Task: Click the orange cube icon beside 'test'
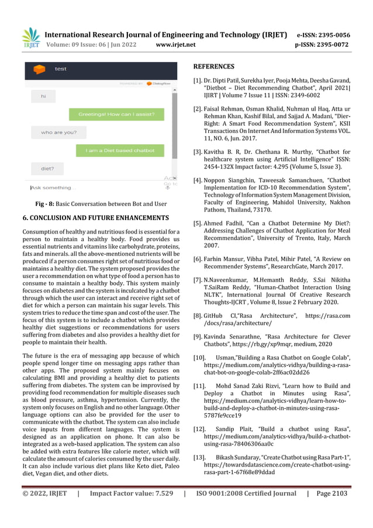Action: [40, 70]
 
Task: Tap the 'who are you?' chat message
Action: [58, 132]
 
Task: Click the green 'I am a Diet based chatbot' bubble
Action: [120, 150]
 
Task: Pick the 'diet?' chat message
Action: [47, 169]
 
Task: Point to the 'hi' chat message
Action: [43, 96]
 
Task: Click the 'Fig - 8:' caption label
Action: [46, 204]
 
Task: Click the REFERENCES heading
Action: [213, 67]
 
